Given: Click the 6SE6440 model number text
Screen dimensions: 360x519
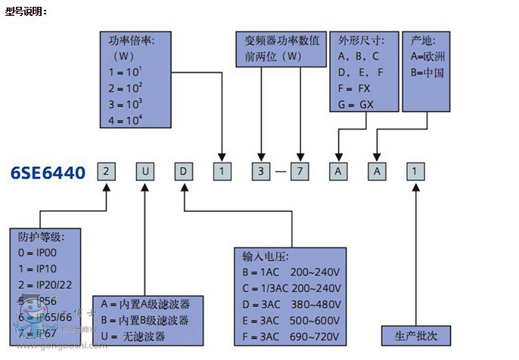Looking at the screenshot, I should coord(48,172).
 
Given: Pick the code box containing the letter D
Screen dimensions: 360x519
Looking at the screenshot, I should coord(183,172).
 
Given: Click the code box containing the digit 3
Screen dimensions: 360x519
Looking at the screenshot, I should coord(261,172).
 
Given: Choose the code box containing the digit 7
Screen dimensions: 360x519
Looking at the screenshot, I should coord(300,172).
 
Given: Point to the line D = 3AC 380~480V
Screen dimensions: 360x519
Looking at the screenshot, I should coord(292,305).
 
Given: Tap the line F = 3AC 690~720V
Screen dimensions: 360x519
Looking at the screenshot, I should coord(292,336).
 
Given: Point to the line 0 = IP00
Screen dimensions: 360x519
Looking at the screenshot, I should coord(39,252).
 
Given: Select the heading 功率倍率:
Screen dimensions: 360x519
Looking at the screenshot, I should coord(132,41).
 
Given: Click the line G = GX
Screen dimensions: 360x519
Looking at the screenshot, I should coord(356,104).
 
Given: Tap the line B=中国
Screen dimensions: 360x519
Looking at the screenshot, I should coord(427,73).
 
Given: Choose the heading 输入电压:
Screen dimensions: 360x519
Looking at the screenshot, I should coord(266,256).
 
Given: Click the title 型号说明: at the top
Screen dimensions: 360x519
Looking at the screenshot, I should coord(26,11).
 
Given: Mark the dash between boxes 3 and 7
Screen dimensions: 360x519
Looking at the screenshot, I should coord(281,172).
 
